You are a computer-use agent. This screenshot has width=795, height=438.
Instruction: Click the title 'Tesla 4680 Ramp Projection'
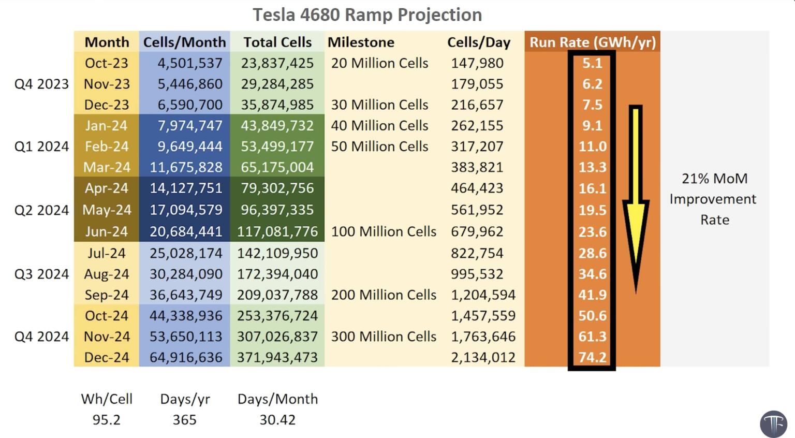[x=367, y=14]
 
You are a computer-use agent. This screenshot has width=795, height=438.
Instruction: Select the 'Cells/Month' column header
[x=184, y=42]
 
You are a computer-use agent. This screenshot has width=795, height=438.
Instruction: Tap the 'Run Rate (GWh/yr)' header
[x=592, y=42]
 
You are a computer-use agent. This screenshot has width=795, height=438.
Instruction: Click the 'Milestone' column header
[x=361, y=42]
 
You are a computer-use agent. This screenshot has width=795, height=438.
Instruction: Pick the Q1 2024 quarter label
[x=41, y=147]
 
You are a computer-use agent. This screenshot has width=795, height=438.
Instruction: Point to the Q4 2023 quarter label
[x=41, y=84]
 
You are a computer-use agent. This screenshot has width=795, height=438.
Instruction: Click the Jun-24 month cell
[x=106, y=231]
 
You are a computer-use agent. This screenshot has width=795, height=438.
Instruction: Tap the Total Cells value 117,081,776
[x=277, y=231]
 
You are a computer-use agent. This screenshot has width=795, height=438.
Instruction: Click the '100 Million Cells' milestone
[x=384, y=231]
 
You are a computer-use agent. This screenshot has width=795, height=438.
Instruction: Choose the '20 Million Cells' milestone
[x=379, y=63]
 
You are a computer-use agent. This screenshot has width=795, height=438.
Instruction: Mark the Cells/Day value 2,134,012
[x=483, y=357]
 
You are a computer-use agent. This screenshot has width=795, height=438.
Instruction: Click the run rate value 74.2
[x=592, y=357]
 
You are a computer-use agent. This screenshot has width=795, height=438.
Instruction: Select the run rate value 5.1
[x=592, y=63]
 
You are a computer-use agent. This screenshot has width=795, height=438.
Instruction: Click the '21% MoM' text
[x=714, y=179]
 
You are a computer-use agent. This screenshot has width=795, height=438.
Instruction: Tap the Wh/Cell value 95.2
[x=106, y=419]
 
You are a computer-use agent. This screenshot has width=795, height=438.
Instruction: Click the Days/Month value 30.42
[x=277, y=419]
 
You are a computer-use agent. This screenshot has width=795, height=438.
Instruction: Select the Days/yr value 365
[x=184, y=419]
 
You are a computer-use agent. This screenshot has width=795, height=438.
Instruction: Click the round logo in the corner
[x=773, y=424]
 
